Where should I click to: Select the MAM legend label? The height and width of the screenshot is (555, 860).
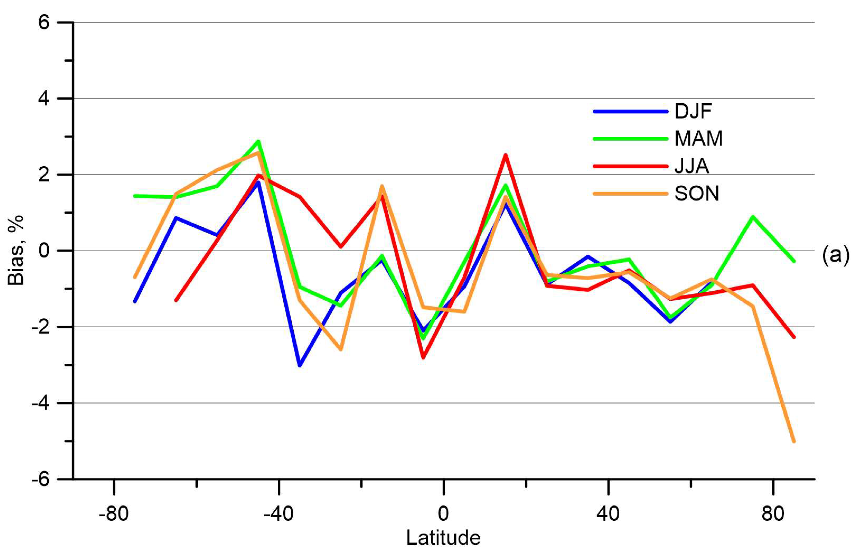[698, 139]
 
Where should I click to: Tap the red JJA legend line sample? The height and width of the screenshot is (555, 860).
[630, 166]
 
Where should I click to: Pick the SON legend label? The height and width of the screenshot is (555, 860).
[697, 193]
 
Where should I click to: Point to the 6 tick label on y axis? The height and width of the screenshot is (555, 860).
[44, 23]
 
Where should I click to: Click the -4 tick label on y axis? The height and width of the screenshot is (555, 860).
[40, 403]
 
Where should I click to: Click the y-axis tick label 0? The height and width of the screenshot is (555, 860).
[44, 251]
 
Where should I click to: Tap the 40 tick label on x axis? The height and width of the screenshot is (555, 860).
[608, 514]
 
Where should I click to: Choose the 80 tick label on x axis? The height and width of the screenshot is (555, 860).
[773, 514]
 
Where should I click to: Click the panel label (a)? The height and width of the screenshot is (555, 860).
[835, 255]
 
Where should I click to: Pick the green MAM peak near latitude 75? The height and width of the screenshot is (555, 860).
[752, 216]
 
